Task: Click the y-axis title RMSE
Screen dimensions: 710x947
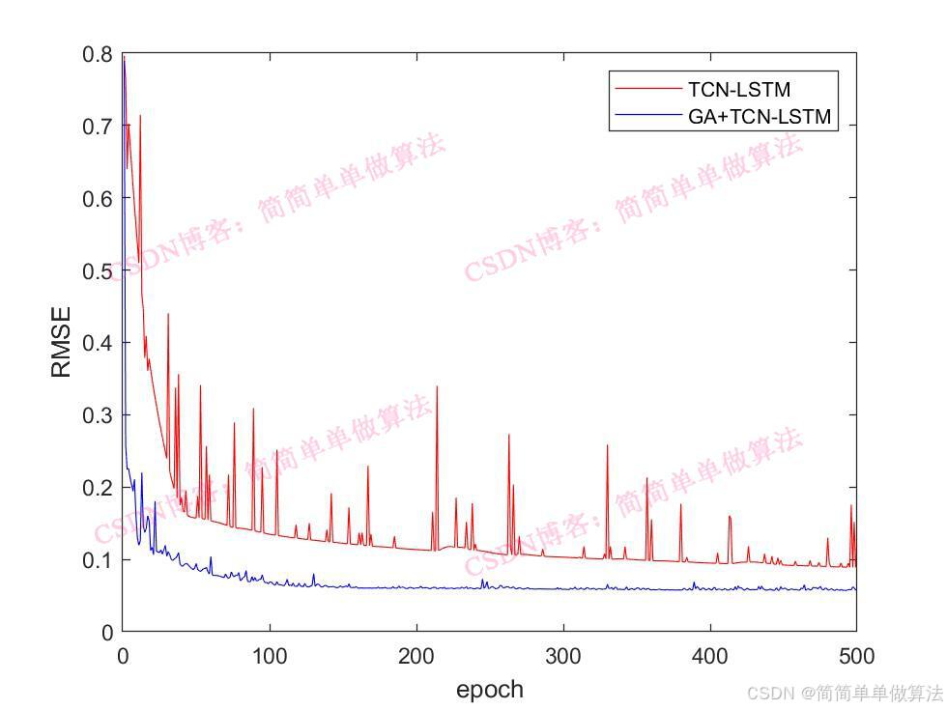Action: pyautogui.click(x=61, y=342)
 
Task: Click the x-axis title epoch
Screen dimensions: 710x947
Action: pyautogui.click(x=489, y=689)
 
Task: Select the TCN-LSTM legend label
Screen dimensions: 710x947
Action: pyautogui.click(x=739, y=90)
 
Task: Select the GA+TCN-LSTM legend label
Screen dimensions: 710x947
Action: pyautogui.click(x=760, y=119)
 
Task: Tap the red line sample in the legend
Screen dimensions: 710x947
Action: pyautogui.click(x=647, y=90)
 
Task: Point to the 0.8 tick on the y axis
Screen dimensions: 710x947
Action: pyautogui.click(x=98, y=54)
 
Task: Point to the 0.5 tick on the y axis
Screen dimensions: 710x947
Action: pyautogui.click(x=98, y=270)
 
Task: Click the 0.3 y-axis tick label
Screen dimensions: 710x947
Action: pyautogui.click(x=98, y=415)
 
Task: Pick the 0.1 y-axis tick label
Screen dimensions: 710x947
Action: pyautogui.click(x=98, y=560)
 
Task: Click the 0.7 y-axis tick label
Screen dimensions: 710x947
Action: pyautogui.click(x=98, y=127)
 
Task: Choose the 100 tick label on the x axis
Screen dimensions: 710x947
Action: pyautogui.click(x=270, y=657)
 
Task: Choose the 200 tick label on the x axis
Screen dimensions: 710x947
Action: pyautogui.click(x=416, y=657)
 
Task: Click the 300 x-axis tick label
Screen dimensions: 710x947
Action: pyautogui.click(x=563, y=657)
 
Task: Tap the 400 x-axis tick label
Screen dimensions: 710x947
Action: pyautogui.click(x=710, y=657)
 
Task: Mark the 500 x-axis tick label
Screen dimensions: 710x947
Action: pyautogui.click(x=856, y=657)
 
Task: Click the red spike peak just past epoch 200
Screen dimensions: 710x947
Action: pyautogui.click(x=437, y=386)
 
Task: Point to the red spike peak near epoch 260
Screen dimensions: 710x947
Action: pyautogui.click(x=509, y=436)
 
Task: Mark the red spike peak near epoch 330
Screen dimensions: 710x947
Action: pyautogui.click(x=608, y=445)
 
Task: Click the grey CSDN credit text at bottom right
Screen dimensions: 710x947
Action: pyautogui.click(x=845, y=693)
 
